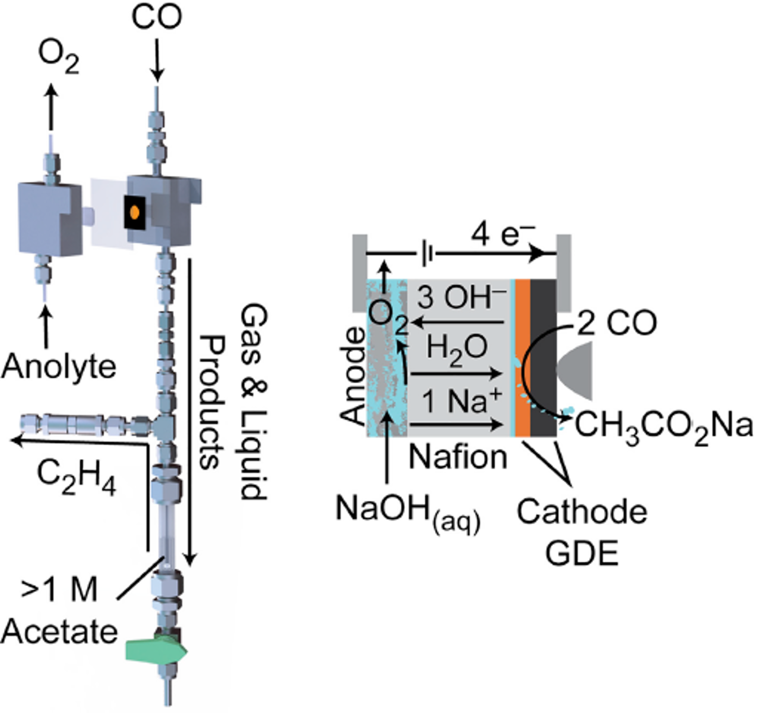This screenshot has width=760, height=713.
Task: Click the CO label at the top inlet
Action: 156,18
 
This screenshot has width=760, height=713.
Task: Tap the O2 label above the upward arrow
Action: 59,57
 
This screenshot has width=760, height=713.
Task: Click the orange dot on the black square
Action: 134,212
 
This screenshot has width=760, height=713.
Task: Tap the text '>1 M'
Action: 59,590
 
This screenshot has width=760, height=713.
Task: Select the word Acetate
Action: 59,632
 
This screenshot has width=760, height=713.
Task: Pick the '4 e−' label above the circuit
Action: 502,235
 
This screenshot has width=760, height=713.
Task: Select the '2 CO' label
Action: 616,323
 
